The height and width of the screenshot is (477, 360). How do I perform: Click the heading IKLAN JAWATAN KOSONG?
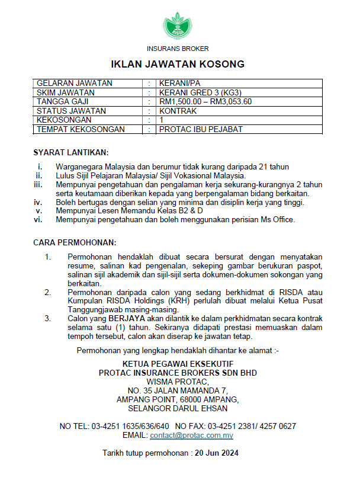coord(178,63)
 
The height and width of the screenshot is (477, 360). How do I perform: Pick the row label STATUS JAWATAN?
coord(72,110)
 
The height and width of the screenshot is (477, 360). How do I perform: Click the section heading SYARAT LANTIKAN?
coord(71,152)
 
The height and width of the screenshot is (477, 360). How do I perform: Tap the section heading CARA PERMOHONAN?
coord(75,243)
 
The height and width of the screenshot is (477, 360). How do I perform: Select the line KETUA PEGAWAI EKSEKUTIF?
coord(178,363)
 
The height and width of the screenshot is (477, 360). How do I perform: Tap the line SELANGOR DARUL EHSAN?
coord(178,408)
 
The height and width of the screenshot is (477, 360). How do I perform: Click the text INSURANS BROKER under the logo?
coord(178,48)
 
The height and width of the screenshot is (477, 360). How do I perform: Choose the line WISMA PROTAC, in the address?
coord(178,381)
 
